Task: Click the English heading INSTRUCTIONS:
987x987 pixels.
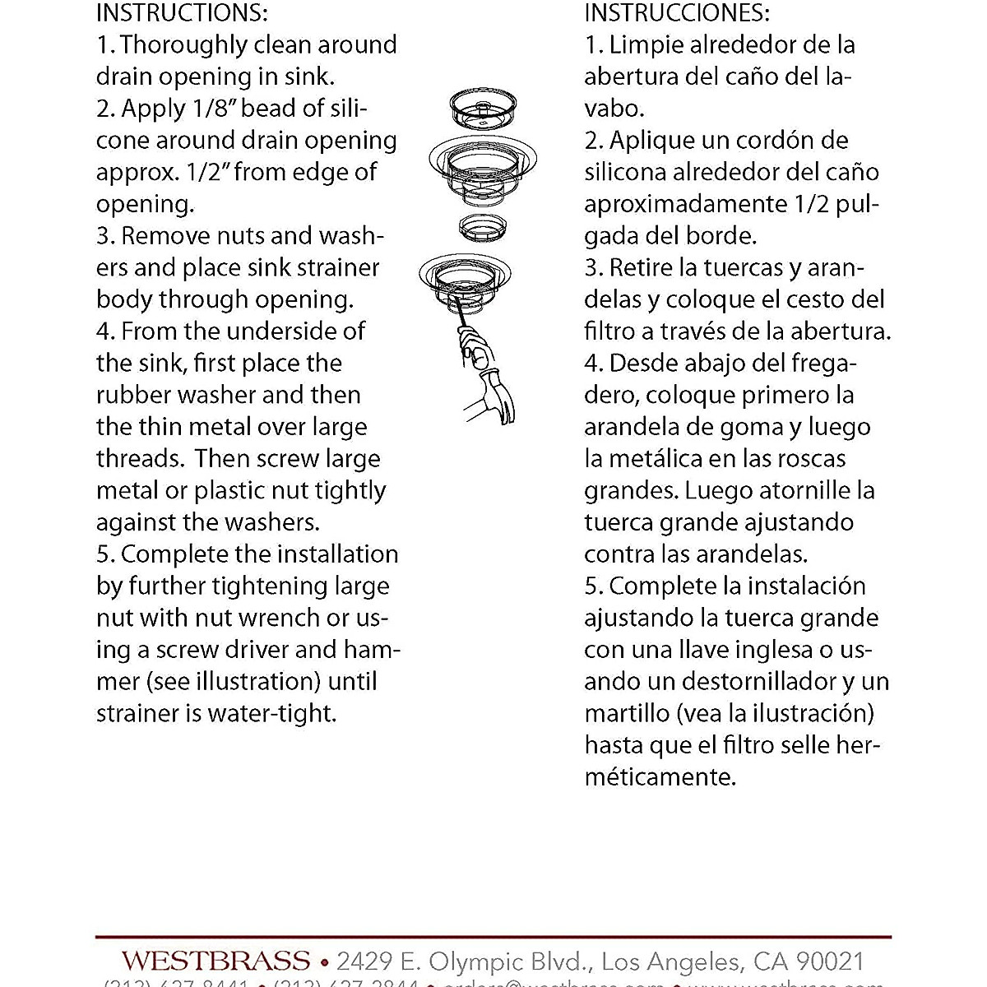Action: pyautogui.click(x=182, y=13)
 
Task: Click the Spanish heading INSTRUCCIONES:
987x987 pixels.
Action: pyautogui.click(x=677, y=13)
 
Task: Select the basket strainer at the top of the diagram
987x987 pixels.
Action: pyautogui.click(x=484, y=107)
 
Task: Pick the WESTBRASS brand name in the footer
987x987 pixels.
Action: pyautogui.click(x=216, y=961)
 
